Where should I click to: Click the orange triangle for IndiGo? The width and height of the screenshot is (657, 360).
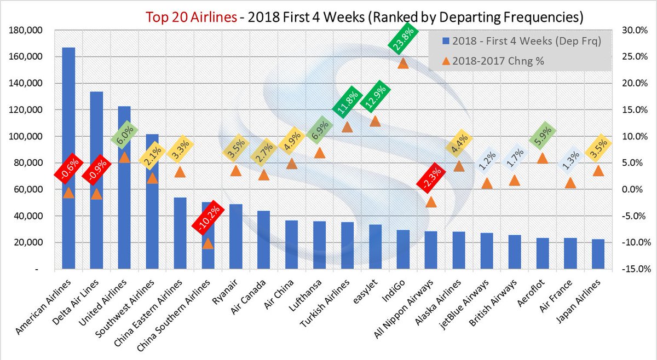403,63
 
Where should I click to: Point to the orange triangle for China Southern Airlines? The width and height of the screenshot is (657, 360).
208,243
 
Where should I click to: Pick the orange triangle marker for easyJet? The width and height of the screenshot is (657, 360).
375,121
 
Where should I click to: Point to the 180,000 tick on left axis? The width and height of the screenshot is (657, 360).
25,31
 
